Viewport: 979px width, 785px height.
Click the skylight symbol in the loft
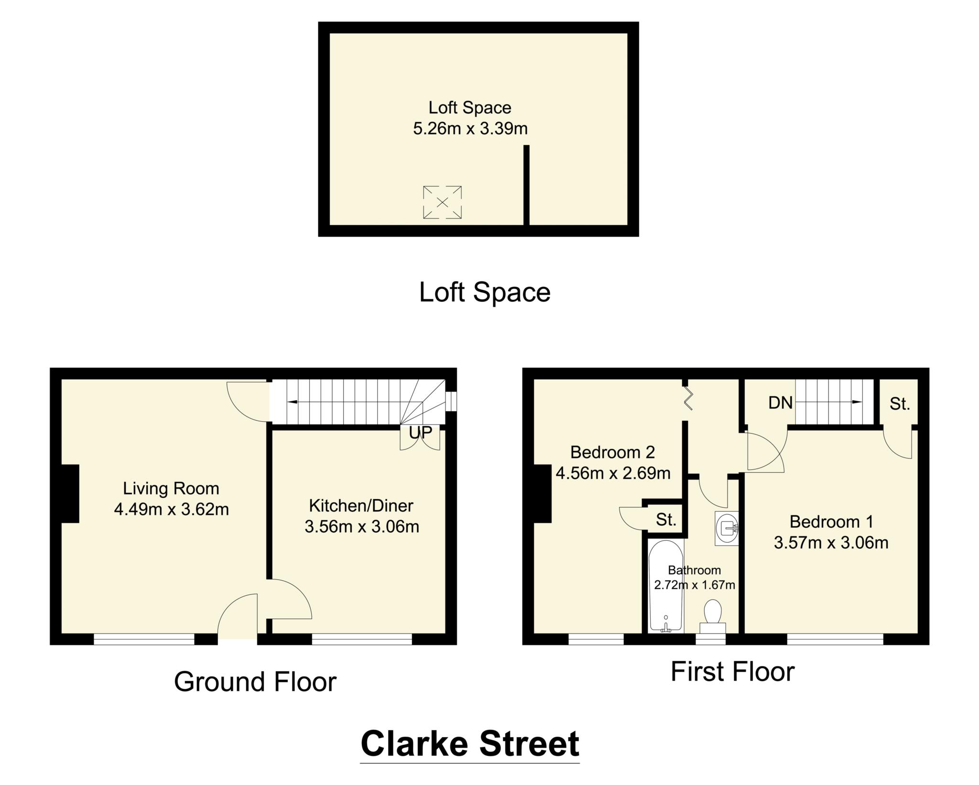[442, 203]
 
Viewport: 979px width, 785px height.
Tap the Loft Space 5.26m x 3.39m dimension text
[470, 129]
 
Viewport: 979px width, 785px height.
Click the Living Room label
[171, 488]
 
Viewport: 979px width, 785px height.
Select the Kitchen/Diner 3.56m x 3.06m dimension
[362, 526]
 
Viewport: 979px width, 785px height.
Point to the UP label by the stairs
[420, 432]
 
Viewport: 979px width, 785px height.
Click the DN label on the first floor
[780, 403]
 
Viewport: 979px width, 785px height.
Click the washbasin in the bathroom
[727, 528]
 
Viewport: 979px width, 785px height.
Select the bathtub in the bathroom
[665, 586]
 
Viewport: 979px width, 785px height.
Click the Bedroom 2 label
[612, 452]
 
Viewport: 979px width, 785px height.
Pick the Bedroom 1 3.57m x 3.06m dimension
[831, 543]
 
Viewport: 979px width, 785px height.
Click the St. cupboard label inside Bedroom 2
[666, 520]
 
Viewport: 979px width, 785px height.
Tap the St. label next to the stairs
[900, 404]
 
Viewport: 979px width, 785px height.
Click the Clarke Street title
[470, 744]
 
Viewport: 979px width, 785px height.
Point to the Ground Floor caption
[255, 682]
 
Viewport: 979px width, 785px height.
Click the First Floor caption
[732, 672]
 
